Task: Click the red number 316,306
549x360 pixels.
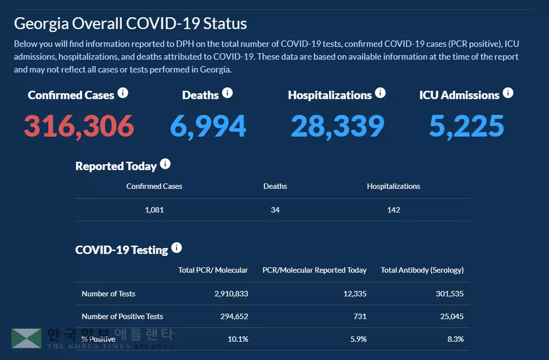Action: [x=79, y=126]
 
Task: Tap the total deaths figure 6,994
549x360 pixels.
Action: [x=208, y=126]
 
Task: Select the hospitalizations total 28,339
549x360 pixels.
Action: [x=337, y=126]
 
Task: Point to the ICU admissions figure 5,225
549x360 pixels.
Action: [x=466, y=126]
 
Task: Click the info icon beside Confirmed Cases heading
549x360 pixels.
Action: [x=123, y=93]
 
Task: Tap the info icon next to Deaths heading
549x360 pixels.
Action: [x=227, y=93]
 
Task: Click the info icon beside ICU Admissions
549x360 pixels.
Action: [x=508, y=93]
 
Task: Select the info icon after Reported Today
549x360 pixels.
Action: [x=165, y=164]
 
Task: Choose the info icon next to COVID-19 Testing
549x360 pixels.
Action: [x=176, y=248]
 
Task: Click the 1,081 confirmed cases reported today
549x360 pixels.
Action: [x=154, y=210]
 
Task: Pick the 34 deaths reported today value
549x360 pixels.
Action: [x=275, y=210]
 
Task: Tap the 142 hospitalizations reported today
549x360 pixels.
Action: [x=394, y=210]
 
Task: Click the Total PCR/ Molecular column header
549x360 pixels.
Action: [x=213, y=270]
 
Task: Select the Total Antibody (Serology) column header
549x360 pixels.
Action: [x=422, y=270]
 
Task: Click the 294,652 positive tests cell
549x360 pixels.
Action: [x=232, y=317]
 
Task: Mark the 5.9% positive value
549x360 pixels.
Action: [x=359, y=339]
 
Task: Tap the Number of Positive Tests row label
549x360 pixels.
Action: [x=122, y=317]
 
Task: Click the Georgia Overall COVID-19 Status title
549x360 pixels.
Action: [x=130, y=24]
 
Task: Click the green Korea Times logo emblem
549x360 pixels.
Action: [x=27, y=338]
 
